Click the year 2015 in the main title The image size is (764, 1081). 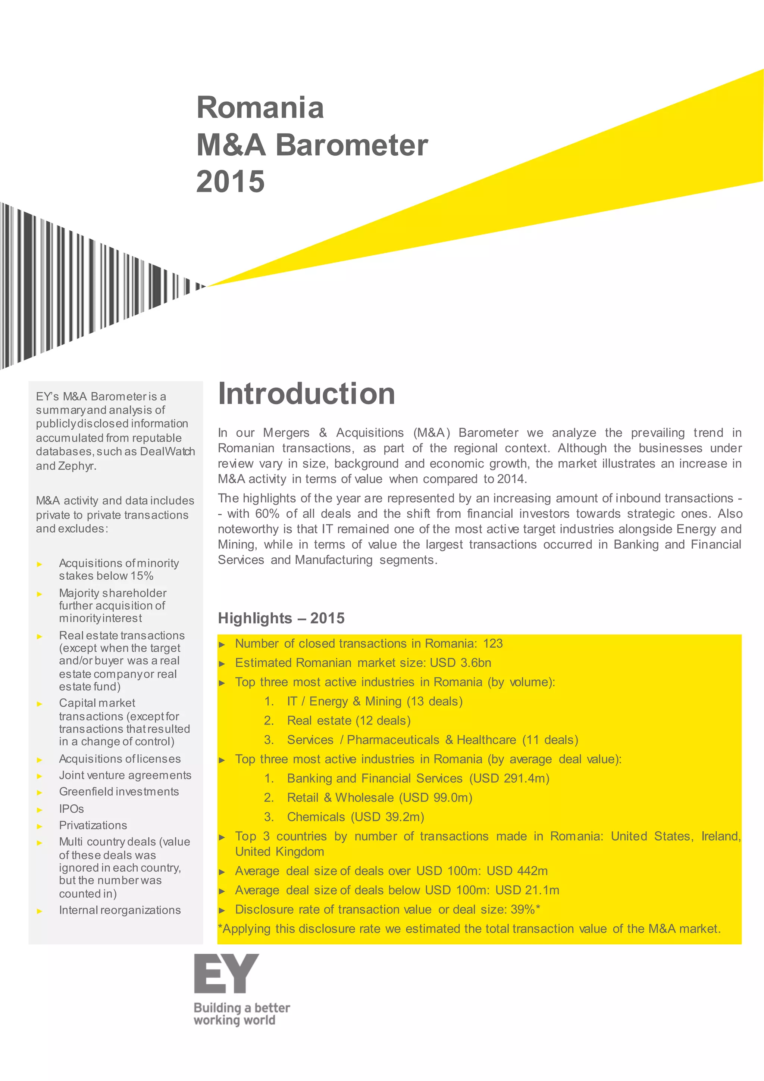pyautogui.click(x=231, y=182)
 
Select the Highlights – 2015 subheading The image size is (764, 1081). pyautogui.click(x=281, y=618)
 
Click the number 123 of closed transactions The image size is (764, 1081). pyautogui.click(x=492, y=643)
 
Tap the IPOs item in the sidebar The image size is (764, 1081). pyautogui.click(x=72, y=809)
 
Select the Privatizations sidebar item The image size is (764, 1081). pyautogui.click(x=93, y=825)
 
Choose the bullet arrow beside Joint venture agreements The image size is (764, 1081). pyautogui.click(x=40, y=776)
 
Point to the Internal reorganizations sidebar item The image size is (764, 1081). pyautogui.click(x=120, y=910)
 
